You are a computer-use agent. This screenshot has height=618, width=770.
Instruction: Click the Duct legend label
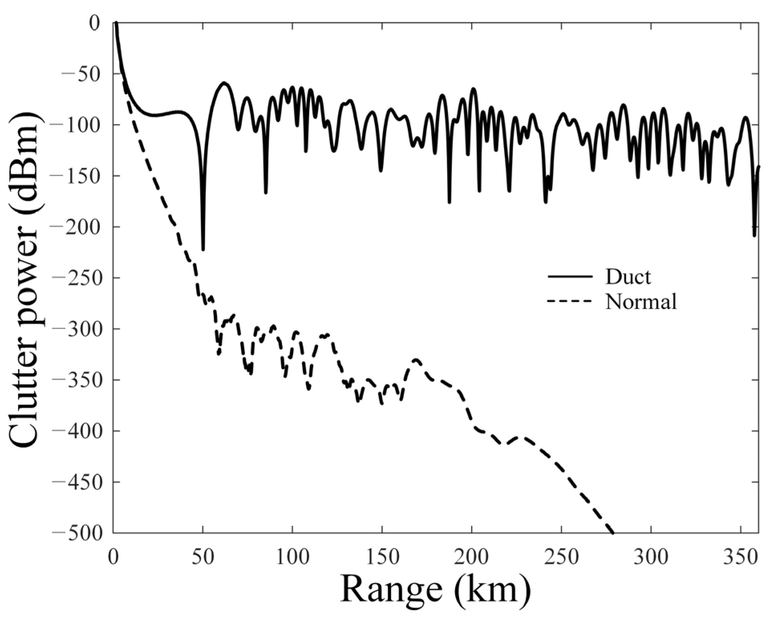point(628,277)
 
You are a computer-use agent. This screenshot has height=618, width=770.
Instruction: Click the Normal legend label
point(641,301)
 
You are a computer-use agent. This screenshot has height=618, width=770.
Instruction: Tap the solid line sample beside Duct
point(569,277)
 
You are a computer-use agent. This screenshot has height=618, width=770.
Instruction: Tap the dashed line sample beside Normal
point(569,301)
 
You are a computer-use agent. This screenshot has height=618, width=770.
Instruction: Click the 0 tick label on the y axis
point(95,23)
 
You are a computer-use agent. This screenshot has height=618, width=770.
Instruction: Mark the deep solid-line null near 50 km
point(203,249)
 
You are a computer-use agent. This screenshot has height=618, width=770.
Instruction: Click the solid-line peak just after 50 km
point(224,83)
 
